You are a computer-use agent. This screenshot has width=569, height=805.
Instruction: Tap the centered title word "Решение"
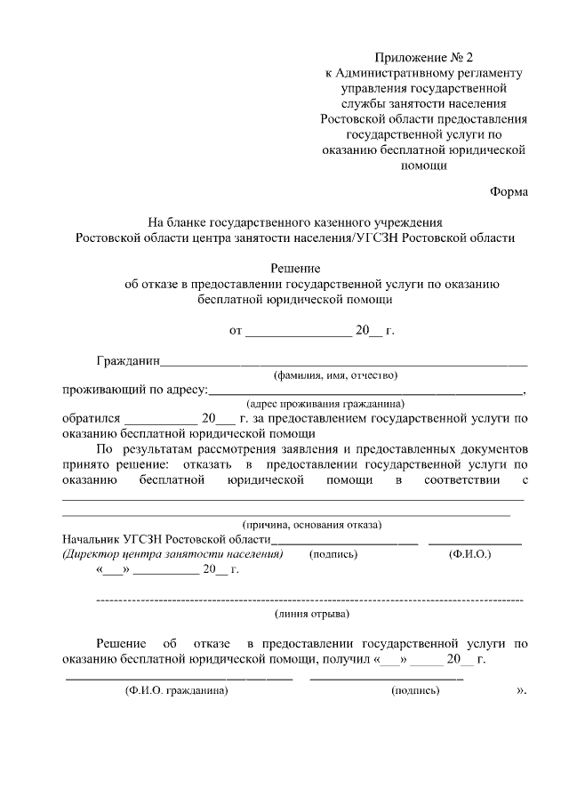(x=295, y=268)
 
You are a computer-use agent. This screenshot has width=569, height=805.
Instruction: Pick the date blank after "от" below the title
(x=299, y=331)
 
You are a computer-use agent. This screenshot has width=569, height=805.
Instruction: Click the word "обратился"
(x=91, y=418)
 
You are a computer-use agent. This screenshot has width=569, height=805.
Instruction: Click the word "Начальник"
(x=92, y=539)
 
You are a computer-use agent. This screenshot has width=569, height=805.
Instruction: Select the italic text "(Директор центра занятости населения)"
(x=172, y=554)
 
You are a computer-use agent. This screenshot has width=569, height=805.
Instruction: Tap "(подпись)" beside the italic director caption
(x=333, y=554)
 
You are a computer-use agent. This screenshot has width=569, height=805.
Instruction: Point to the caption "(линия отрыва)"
(x=312, y=614)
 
